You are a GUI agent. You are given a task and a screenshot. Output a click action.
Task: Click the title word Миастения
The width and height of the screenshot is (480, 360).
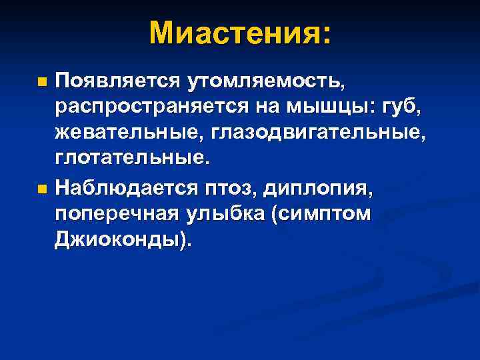point(233,33)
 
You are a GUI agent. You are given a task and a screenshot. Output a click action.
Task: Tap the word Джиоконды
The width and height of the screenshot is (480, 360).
point(121,241)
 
